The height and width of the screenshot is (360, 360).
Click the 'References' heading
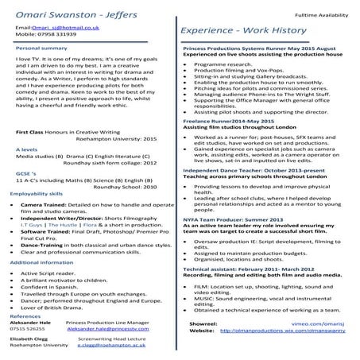click(x=31, y=316)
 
